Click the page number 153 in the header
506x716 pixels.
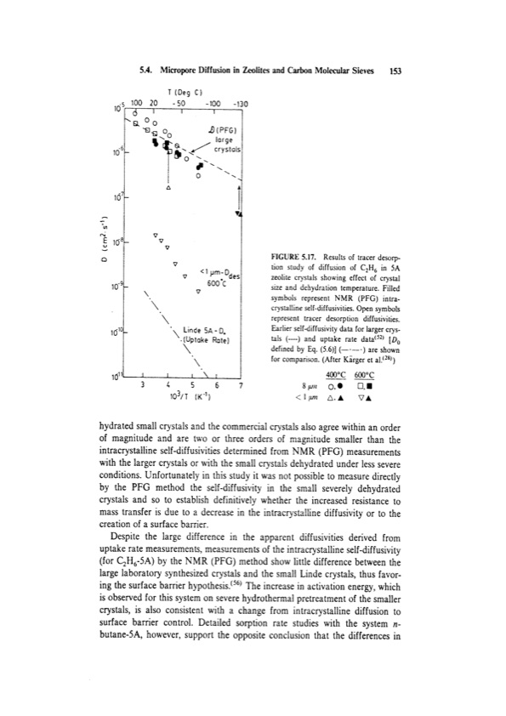[395, 72]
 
